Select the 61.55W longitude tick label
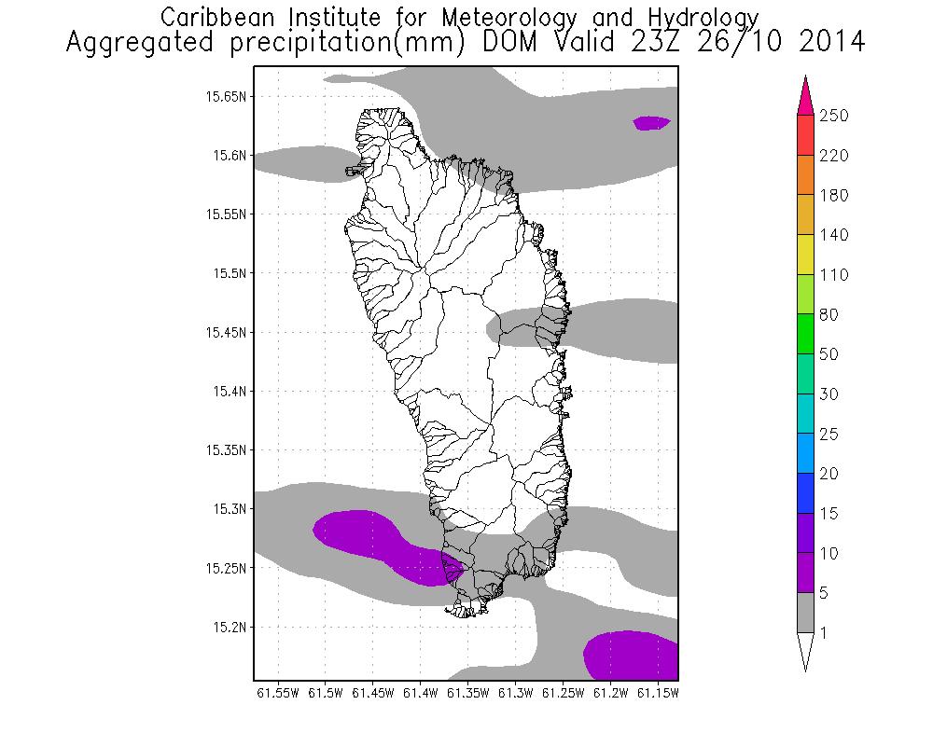tap(277, 694)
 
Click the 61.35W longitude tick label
tap(468, 694)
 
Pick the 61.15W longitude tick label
tap(659, 694)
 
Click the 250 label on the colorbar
tap(833, 116)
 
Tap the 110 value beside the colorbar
tap(833, 275)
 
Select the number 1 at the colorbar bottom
tap(824, 633)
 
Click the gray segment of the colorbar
tap(807, 613)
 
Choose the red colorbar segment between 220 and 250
tap(807, 135)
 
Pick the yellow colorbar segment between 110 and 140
tap(807, 255)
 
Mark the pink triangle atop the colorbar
tap(807, 97)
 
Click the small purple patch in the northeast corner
tap(651, 122)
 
